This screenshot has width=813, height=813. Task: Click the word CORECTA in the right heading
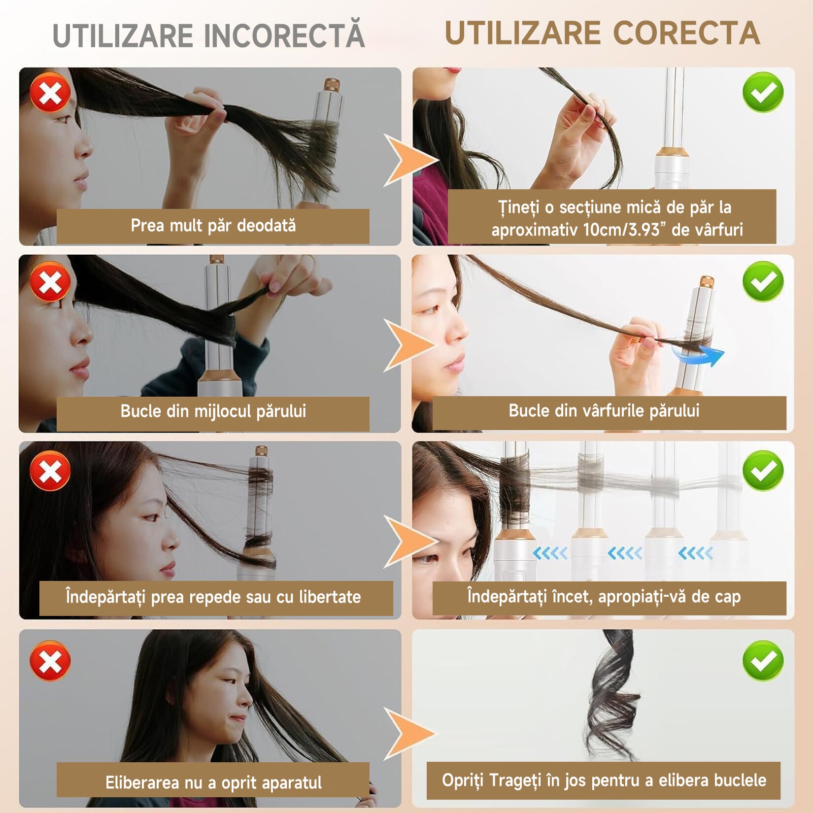(x=686, y=33)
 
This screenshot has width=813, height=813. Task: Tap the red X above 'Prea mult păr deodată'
(x=50, y=93)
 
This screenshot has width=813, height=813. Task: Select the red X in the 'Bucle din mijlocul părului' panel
(x=50, y=282)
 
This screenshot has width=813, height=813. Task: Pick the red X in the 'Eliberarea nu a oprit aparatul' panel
(x=50, y=660)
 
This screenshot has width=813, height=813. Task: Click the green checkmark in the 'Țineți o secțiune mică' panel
(x=763, y=93)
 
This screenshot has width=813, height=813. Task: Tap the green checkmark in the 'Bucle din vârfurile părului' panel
(x=763, y=282)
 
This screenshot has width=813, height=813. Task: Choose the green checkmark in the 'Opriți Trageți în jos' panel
(x=763, y=660)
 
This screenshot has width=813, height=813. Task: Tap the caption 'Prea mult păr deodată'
(x=213, y=226)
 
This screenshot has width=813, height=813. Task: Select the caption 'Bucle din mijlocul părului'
(x=213, y=411)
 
